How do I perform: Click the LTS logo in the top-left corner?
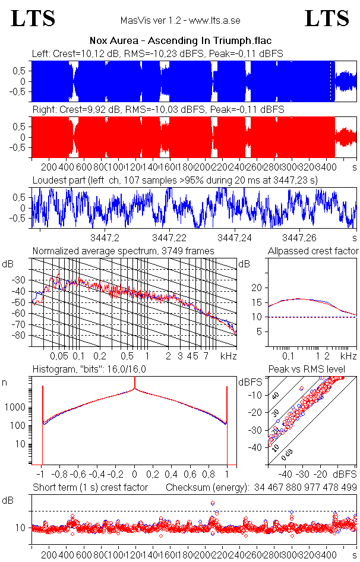[33, 18]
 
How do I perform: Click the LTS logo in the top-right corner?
[326, 18]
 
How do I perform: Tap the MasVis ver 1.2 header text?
[180, 20]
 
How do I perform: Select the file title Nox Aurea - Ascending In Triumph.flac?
[179, 41]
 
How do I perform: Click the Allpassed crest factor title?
[314, 251]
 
